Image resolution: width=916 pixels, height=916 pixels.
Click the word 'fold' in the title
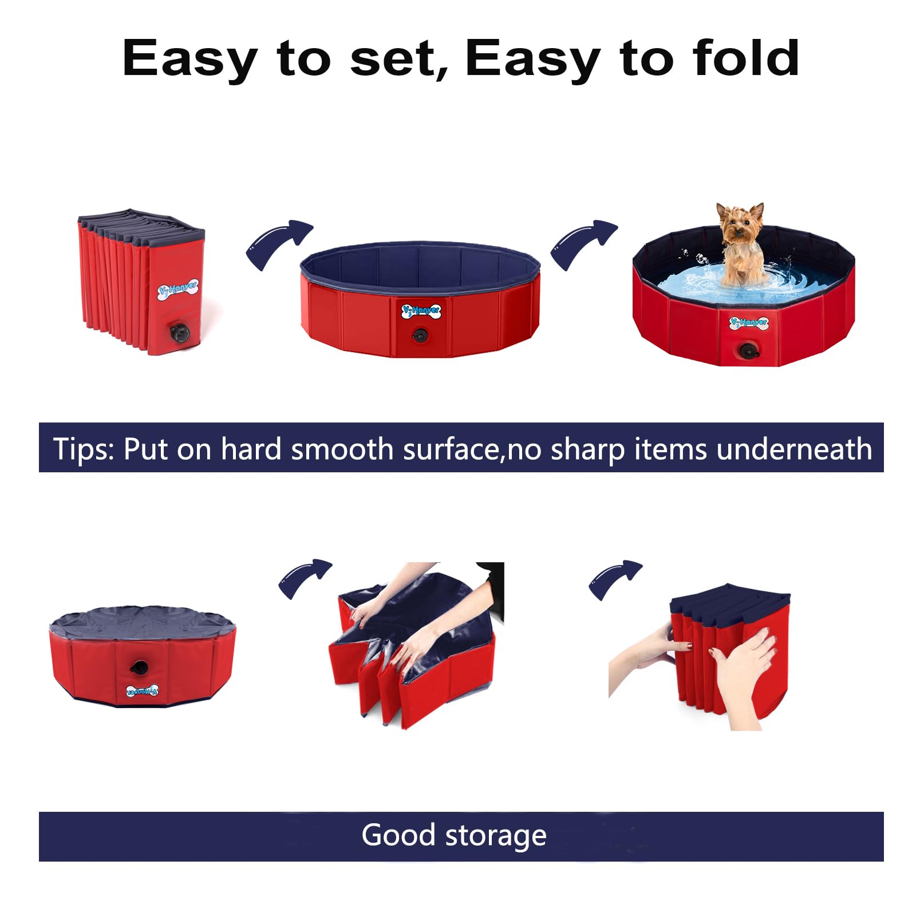[745, 58]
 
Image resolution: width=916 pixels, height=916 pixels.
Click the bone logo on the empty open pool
[421, 310]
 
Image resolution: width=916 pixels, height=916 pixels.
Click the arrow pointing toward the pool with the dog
[583, 244]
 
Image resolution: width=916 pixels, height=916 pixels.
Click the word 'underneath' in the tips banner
[794, 449]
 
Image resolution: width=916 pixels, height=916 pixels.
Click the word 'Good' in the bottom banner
[398, 835]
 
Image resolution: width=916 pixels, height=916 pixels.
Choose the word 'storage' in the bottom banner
[496, 837]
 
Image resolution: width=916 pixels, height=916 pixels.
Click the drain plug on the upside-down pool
[139, 667]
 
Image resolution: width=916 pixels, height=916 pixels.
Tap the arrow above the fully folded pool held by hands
[615, 579]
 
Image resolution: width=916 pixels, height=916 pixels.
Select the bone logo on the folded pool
[178, 290]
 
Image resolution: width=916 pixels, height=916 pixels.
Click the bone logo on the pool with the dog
[749, 323]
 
